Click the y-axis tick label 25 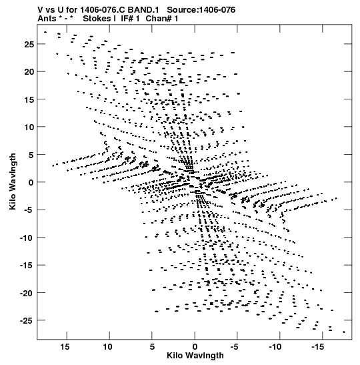click(29, 44)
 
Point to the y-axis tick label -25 click(27, 321)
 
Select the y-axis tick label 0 click(31, 182)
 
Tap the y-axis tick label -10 click(27, 238)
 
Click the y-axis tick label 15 click(29, 99)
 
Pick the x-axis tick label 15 click(65, 347)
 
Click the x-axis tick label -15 click(317, 347)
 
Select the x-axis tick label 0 click(195, 347)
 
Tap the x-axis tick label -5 click(235, 347)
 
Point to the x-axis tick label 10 click(107, 347)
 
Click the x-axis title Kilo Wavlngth click(195, 356)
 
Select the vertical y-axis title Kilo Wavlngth click(13, 181)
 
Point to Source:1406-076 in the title click(201, 10)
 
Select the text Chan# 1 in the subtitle click(162, 19)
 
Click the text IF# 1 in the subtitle click(130, 19)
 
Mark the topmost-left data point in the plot click(45, 32)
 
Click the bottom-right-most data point click(344, 332)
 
